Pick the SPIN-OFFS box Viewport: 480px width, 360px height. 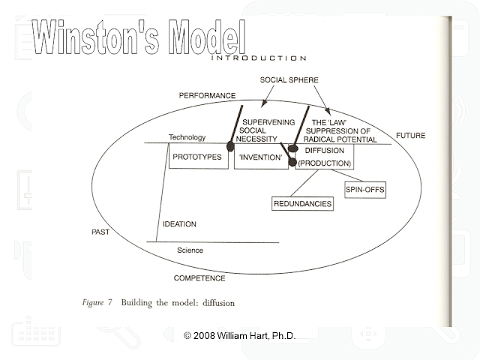364,189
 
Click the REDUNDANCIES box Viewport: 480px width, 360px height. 302,203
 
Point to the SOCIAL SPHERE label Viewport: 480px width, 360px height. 289,79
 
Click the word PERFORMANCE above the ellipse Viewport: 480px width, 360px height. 207,96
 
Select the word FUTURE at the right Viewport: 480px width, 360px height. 410,136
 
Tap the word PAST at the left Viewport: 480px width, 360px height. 100,232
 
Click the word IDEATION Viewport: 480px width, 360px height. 180,223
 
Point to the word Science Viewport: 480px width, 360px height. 190,250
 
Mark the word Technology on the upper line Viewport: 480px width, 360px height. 187,138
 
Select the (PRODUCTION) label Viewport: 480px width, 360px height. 324,162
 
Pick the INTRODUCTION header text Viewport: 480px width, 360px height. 259,57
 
